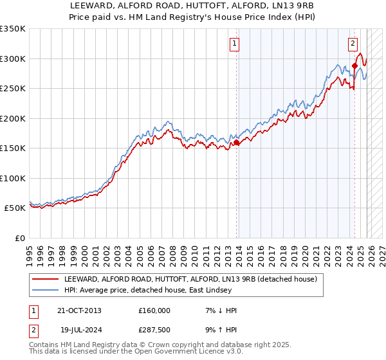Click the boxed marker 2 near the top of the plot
[x=353, y=44]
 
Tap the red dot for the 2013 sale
[x=236, y=143]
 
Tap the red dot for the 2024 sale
[x=354, y=66]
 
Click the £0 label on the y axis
[x=19, y=238]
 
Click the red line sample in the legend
[x=46, y=280]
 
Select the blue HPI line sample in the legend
[x=46, y=291]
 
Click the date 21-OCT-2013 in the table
[x=78, y=310]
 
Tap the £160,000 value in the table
[x=154, y=310]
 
